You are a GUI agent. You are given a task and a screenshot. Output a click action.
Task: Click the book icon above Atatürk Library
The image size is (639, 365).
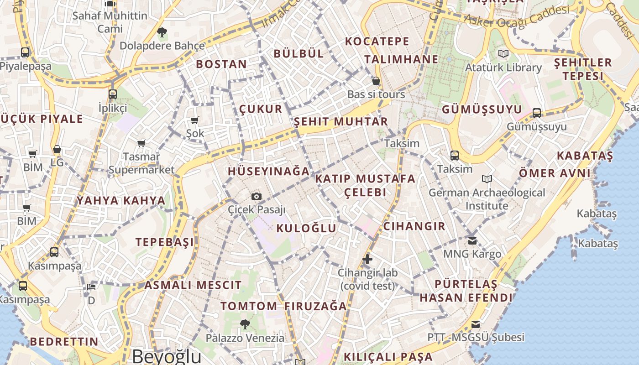[x=503, y=54]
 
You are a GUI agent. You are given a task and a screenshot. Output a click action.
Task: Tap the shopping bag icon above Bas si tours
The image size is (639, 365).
[x=376, y=81]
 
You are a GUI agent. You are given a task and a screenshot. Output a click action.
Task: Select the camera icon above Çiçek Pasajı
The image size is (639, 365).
[x=257, y=196]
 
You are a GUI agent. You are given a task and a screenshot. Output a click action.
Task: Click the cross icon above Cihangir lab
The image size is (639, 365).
[x=367, y=259]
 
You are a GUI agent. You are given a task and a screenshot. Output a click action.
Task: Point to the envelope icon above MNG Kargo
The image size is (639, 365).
[x=472, y=240]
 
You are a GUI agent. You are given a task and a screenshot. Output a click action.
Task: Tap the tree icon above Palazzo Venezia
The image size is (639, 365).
[x=245, y=324]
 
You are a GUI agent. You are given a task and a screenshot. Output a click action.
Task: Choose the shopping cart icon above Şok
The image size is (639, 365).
[x=195, y=120]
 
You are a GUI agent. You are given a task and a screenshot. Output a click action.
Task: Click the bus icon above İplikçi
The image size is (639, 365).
[x=113, y=94]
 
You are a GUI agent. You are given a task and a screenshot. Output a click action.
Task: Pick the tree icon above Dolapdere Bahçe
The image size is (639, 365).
[x=162, y=32]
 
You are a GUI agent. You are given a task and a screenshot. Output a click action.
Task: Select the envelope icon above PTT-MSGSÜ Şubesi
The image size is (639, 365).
[x=476, y=324]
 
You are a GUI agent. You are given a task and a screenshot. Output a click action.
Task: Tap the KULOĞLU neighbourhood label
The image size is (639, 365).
[x=306, y=228]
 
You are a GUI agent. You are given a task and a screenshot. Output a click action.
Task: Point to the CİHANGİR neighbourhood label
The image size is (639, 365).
[x=414, y=226]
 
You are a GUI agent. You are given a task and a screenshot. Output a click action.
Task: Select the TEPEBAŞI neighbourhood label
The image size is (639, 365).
[x=165, y=242]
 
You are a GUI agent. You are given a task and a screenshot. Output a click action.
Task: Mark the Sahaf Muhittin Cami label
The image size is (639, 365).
[x=110, y=22]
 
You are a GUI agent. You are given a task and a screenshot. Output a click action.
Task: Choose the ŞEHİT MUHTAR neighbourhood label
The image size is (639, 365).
[x=340, y=122]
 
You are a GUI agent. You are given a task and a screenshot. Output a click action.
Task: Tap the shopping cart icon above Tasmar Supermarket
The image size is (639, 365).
[x=141, y=144]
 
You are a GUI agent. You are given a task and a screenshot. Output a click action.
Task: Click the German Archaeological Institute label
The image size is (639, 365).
[x=487, y=199]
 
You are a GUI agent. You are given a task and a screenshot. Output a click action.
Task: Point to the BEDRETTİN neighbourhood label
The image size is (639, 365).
[x=64, y=341]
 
